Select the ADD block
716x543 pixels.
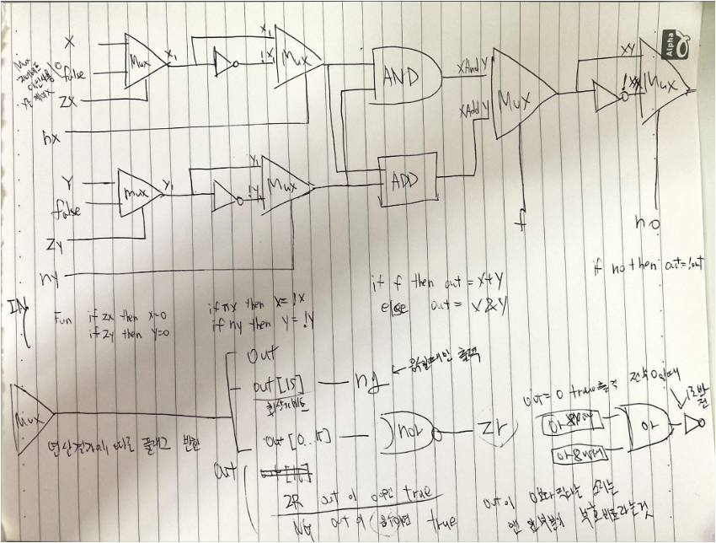[408, 175]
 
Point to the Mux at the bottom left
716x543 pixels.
[29, 414]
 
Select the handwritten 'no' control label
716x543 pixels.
[648, 223]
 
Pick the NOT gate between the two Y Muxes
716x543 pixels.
[226, 197]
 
